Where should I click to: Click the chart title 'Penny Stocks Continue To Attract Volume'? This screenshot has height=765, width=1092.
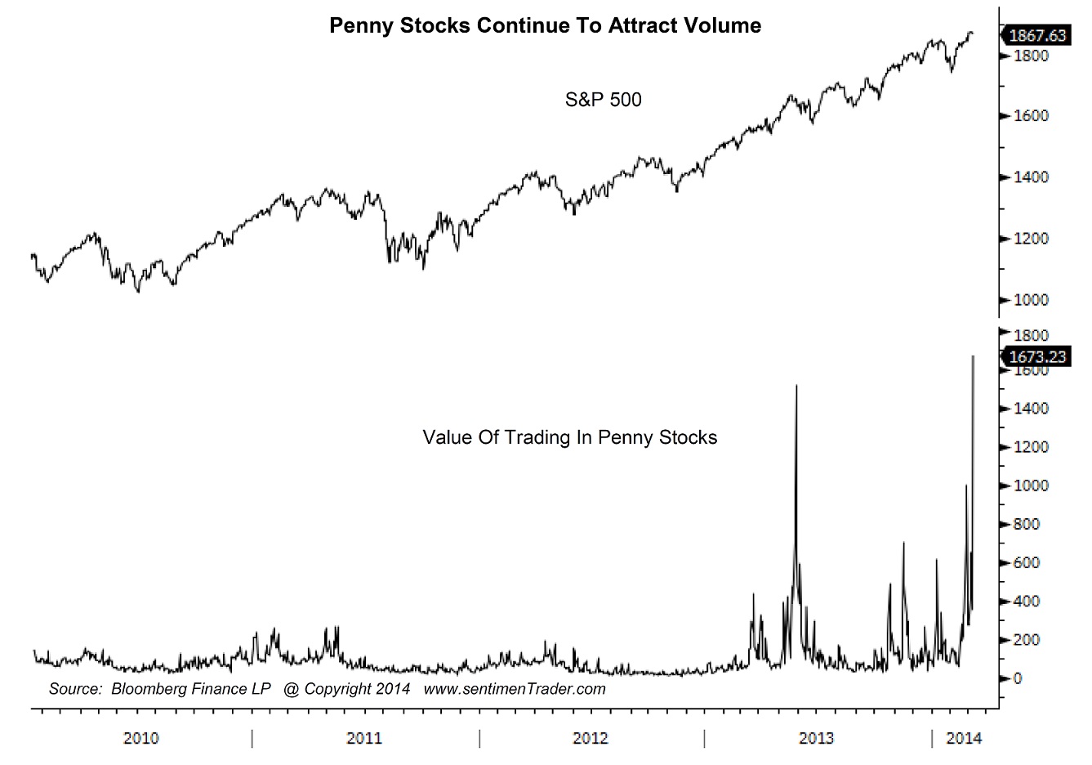[545, 26]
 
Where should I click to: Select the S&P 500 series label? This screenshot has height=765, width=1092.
[603, 100]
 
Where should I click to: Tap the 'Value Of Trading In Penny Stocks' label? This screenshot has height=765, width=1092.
[569, 437]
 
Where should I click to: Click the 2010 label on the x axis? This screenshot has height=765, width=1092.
[141, 739]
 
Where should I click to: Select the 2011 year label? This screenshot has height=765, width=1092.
[364, 739]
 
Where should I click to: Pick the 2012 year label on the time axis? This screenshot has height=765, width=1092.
[590, 739]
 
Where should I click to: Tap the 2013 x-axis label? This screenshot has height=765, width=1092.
[816, 739]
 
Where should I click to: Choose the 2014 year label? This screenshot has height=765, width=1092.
[964, 739]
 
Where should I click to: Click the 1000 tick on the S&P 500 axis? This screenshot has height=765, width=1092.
[1031, 300]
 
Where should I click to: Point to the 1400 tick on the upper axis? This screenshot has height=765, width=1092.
[1031, 177]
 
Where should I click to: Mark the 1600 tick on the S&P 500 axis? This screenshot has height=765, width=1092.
[1031, 116]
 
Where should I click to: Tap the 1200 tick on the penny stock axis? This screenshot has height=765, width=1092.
[1031, 447]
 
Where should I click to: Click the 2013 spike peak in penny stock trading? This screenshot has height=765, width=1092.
[796, 386]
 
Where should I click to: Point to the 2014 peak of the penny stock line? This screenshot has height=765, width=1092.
[973, 357]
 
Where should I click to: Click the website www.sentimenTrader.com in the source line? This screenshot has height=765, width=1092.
[515, 689]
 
